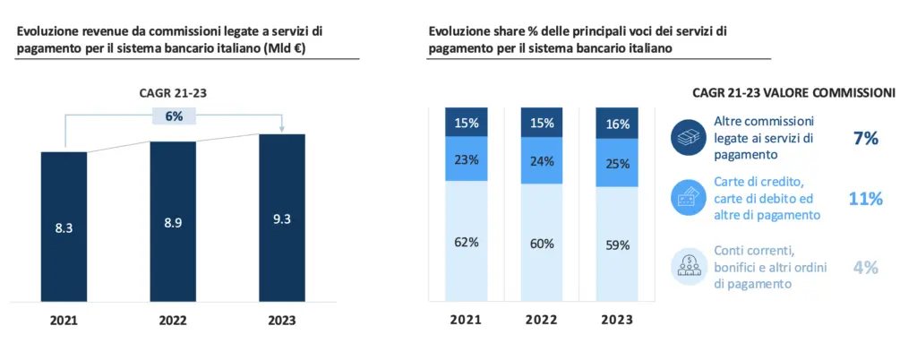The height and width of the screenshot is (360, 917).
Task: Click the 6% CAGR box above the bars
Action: pos(174,116)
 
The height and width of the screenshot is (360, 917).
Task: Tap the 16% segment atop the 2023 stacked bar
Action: pos(617,122)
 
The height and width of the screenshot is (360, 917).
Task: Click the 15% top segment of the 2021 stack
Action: pos(466,122)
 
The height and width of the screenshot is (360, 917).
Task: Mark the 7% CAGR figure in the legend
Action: pos(865,138)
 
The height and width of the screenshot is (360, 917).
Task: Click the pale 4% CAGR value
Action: pos(865,267)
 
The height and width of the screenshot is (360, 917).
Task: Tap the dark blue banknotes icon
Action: pos(688,138)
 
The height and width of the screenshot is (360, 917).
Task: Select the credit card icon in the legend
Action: pos(688,199)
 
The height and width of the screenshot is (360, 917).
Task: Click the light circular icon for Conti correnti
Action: pos(688,266)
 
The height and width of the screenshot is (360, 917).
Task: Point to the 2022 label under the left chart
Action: pos(173,320)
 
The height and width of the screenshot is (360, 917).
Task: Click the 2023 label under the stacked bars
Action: pos(617,320)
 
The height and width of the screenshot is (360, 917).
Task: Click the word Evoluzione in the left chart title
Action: pos(48,30)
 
